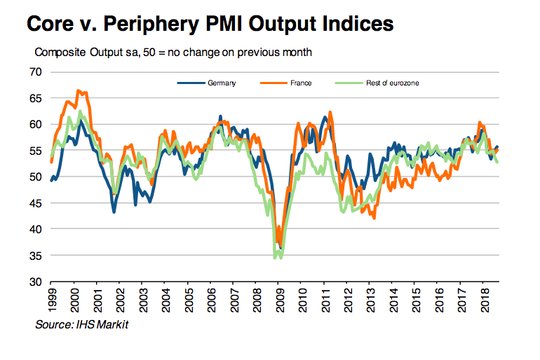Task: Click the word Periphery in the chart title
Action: point(151,24)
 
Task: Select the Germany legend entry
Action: point(207,83)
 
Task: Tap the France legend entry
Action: point(286,83)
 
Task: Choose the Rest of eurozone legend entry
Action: point(377,83)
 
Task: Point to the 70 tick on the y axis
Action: point(36,72)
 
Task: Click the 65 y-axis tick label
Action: point(36,98)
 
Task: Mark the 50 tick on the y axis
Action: point(36,177)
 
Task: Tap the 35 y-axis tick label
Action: point(36,256)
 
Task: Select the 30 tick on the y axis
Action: point(36,282)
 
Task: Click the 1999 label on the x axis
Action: point(52,300)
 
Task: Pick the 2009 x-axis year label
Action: point(280,300)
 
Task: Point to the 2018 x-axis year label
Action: point(485,300)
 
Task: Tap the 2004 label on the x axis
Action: point(166,300)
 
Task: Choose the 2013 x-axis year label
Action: point(371,300)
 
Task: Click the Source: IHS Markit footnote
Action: point(82,325)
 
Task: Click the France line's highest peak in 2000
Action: point(78,90)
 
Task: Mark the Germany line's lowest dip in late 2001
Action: point(114,212)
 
